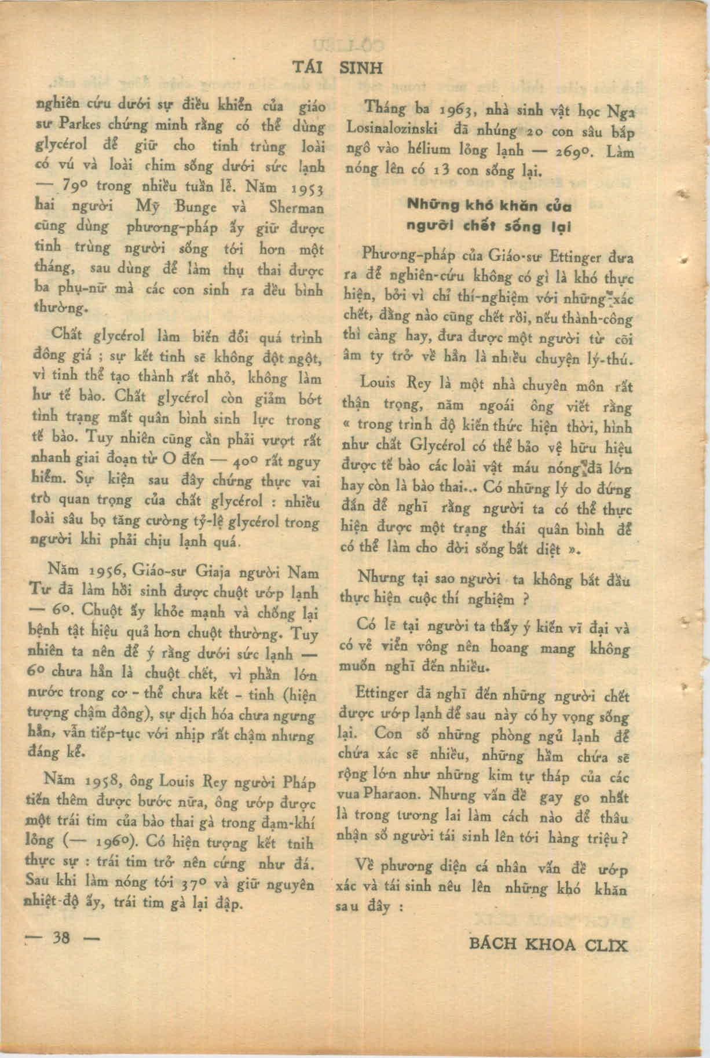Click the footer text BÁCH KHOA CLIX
[x=547, y=944]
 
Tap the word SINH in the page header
[x=360, y=68]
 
